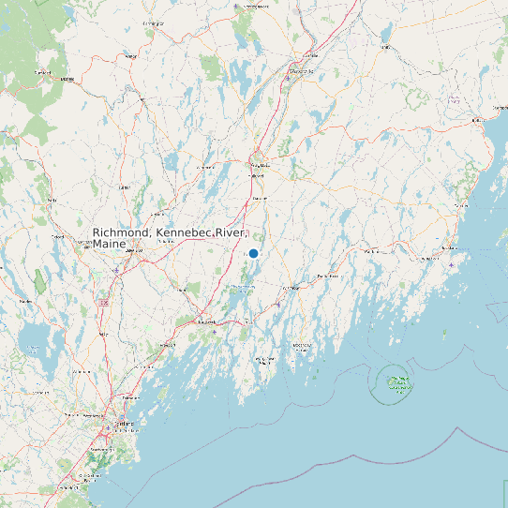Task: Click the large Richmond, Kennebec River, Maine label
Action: tap(169, 237)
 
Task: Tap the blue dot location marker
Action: tap(253, 253)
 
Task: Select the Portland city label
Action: tap(124, 424)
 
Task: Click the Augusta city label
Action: tap(258, 165)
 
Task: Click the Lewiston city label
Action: tap(137, 251)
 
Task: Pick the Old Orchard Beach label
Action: tap(89, 475)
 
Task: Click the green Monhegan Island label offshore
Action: tap(400, 381)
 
